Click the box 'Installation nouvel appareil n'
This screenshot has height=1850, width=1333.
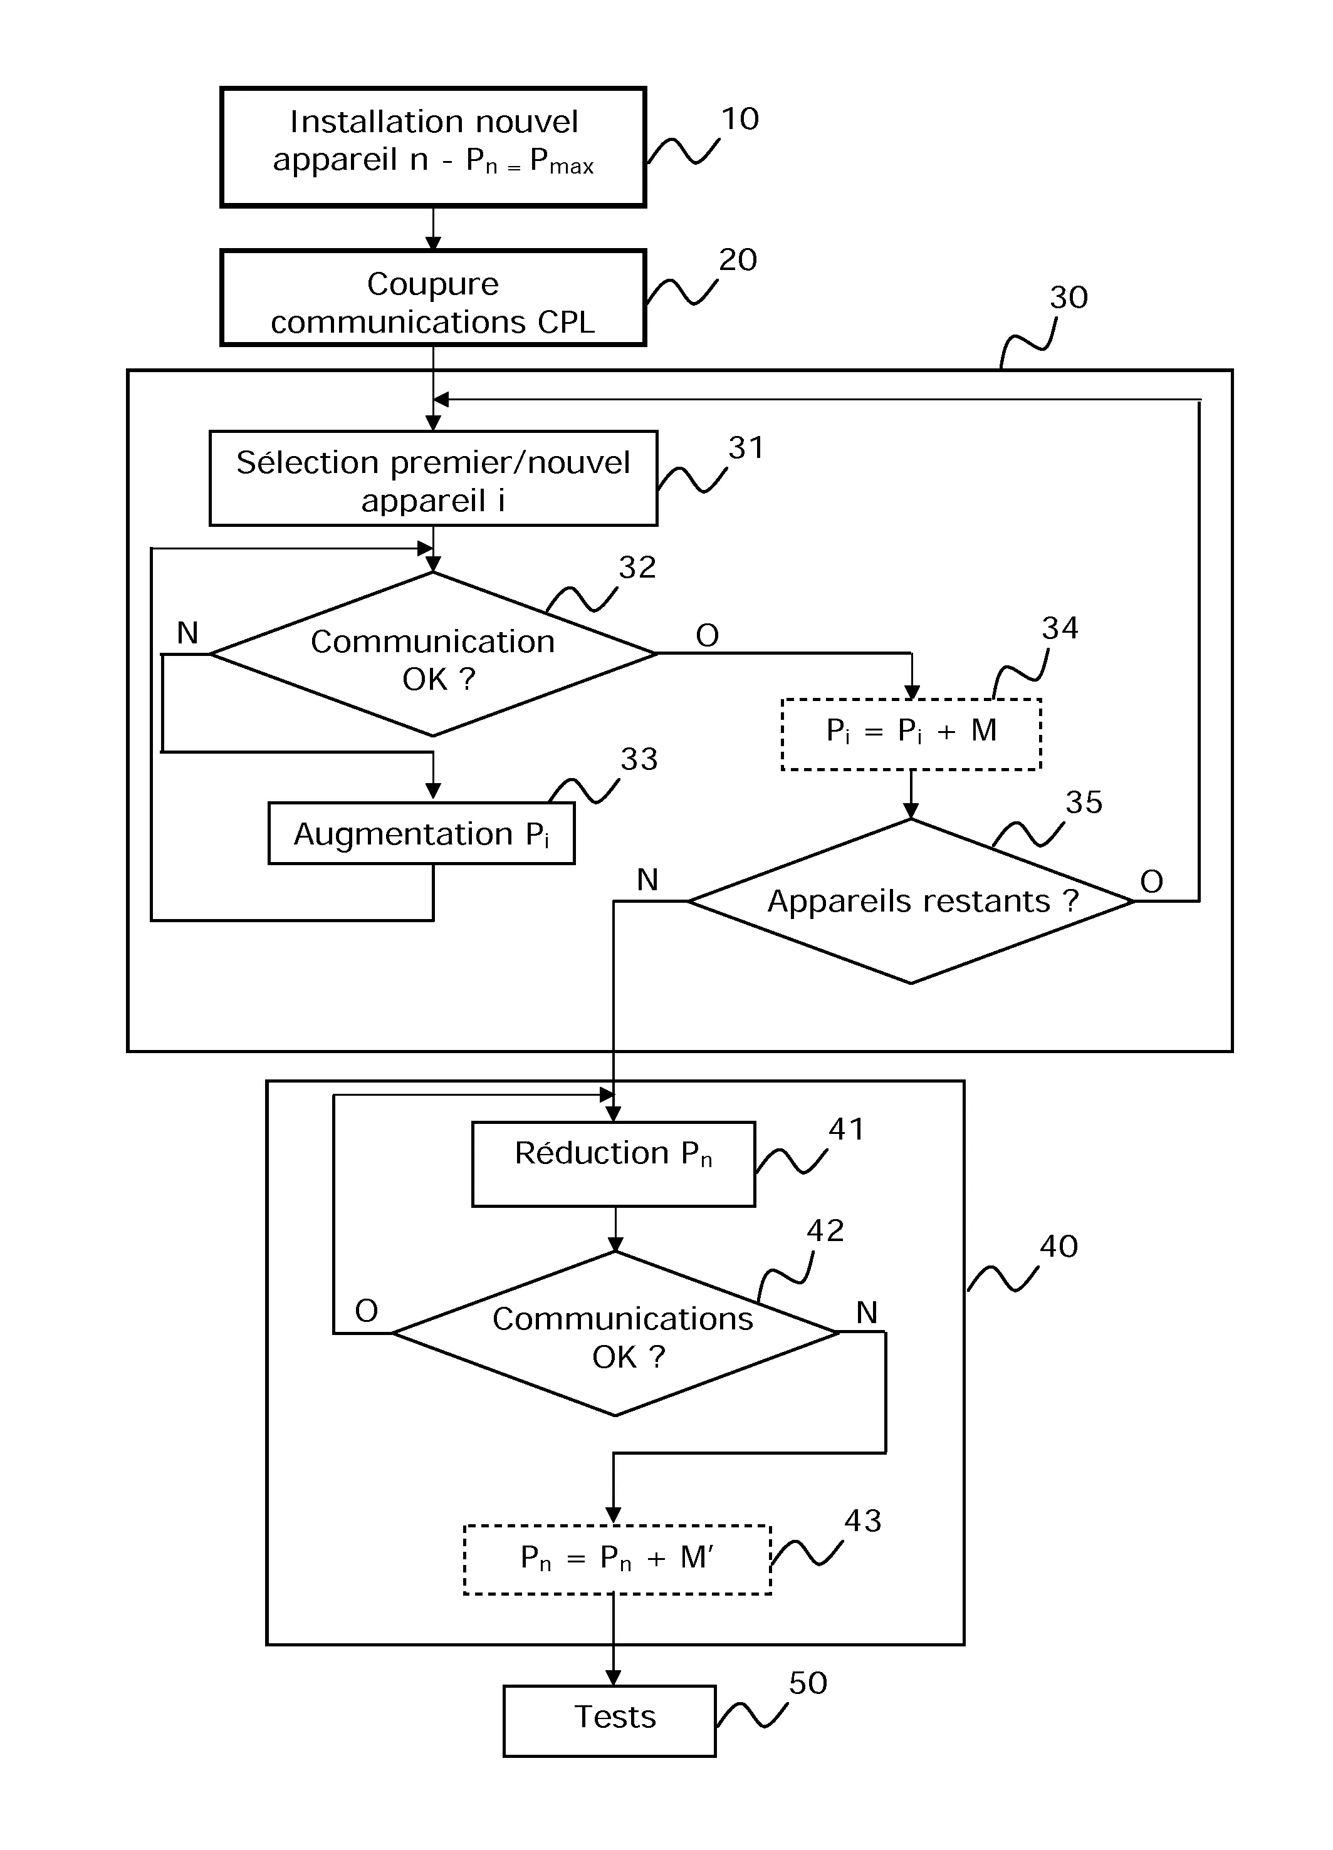[x=433, y=147]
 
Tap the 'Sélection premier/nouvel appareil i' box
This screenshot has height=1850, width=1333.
[x=433, y=479]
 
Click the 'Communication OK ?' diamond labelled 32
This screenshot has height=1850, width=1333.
[x=433, y=654]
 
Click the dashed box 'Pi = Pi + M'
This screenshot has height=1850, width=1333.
[x=911, y=734]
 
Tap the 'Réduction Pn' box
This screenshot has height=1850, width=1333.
[x=614, y=1164]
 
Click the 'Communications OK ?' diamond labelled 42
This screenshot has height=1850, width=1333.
[x=616, y=1333]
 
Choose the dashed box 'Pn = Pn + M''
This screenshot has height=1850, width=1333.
[x=617, y=1559]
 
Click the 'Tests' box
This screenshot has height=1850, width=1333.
[x=609, y=1720]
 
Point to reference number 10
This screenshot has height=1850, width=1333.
[x=740, y=119]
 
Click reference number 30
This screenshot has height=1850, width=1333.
[x=1069, y=298]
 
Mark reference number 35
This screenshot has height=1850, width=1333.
[x=1084, y=803]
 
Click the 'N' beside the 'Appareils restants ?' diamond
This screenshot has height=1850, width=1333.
[x=647, y=880]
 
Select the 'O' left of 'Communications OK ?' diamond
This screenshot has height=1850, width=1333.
[x=366, y=1311]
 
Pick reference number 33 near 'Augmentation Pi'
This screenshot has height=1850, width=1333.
[x=639, y=759]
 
